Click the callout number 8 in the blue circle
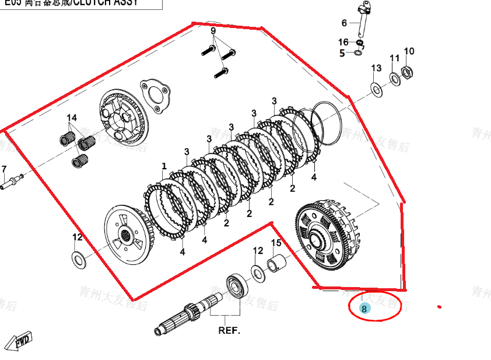[364, 309]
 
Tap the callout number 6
[344, 23]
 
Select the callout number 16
[343, 42]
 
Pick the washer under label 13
[376, 89]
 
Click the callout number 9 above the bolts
[213, 30]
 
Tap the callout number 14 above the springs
[72, 118]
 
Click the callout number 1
[164, 166]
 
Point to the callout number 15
[276, 243]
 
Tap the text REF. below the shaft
[229, 330]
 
